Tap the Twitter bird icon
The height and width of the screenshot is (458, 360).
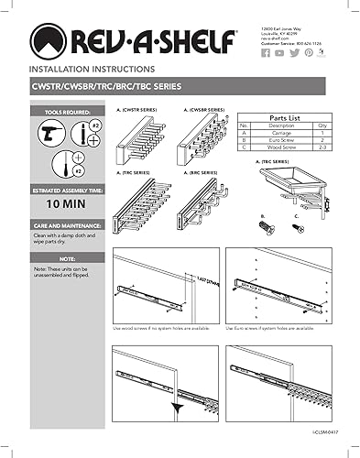pyautogui.click(x=294, y=53)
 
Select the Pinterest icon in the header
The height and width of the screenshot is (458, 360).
pyautogui.click(x=309, y=53)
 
